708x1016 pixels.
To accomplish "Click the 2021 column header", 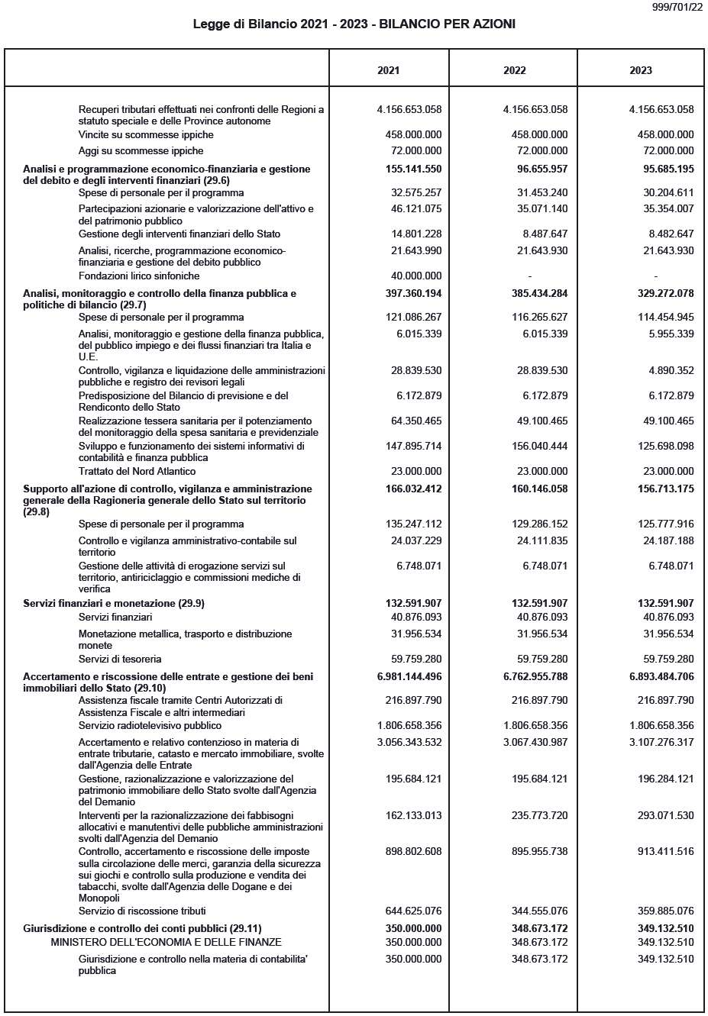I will (388, 70).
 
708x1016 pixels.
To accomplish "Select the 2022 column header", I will (515, 70).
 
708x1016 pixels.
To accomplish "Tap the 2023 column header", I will (641, 70).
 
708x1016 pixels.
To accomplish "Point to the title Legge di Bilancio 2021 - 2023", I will (354, 24).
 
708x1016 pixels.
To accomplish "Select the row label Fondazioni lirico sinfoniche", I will (139, 276).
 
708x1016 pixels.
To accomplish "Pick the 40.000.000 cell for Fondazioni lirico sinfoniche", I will (413, 276).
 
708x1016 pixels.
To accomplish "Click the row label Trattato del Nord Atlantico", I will (137, 471).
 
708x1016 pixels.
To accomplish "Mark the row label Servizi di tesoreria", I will (120, 659).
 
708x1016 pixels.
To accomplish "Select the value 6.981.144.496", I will (409, 676).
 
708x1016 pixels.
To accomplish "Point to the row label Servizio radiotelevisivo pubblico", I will (150, 725).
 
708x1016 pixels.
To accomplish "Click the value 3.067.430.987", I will (535, 742).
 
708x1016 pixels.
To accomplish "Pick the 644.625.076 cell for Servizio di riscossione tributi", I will (413, 911).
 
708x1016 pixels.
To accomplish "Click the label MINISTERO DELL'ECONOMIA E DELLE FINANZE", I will (166, 942).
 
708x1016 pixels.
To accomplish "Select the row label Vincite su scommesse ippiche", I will (146, 134).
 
